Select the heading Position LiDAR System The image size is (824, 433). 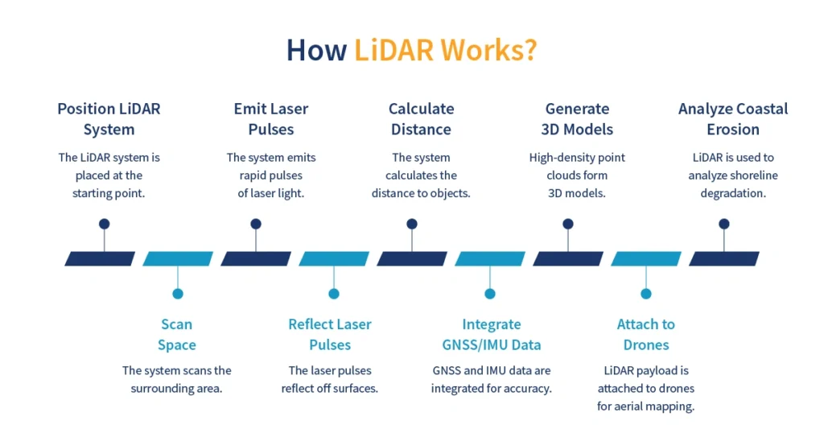click(x=109, y=119)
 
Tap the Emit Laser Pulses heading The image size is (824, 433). click(x=270, y=119)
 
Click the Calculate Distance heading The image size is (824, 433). click(x=421, y=119)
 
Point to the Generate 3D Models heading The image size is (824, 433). click(x=578, y=119)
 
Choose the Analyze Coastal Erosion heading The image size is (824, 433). click(x=732, y=119)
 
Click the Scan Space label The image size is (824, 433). click(x=177, y=334)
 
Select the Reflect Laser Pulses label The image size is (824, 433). click(x=330, y=334)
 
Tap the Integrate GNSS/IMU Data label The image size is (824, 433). click(x=491, y=334)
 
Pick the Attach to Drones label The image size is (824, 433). click(x=645, y=334)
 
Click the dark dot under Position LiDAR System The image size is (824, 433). click(x=104, y=224)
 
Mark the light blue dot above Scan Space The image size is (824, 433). click(x=178, y=294)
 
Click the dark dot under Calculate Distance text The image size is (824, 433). click(x=412, y=224)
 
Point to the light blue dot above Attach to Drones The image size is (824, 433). click(x=645, y=294)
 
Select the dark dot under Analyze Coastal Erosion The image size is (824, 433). click(x=724, y=224)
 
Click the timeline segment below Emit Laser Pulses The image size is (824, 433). click(x=256, y=258)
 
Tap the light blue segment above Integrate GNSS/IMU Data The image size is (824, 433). click(x=490, y=258)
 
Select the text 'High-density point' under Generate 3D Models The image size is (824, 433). click(x=577, y=158)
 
